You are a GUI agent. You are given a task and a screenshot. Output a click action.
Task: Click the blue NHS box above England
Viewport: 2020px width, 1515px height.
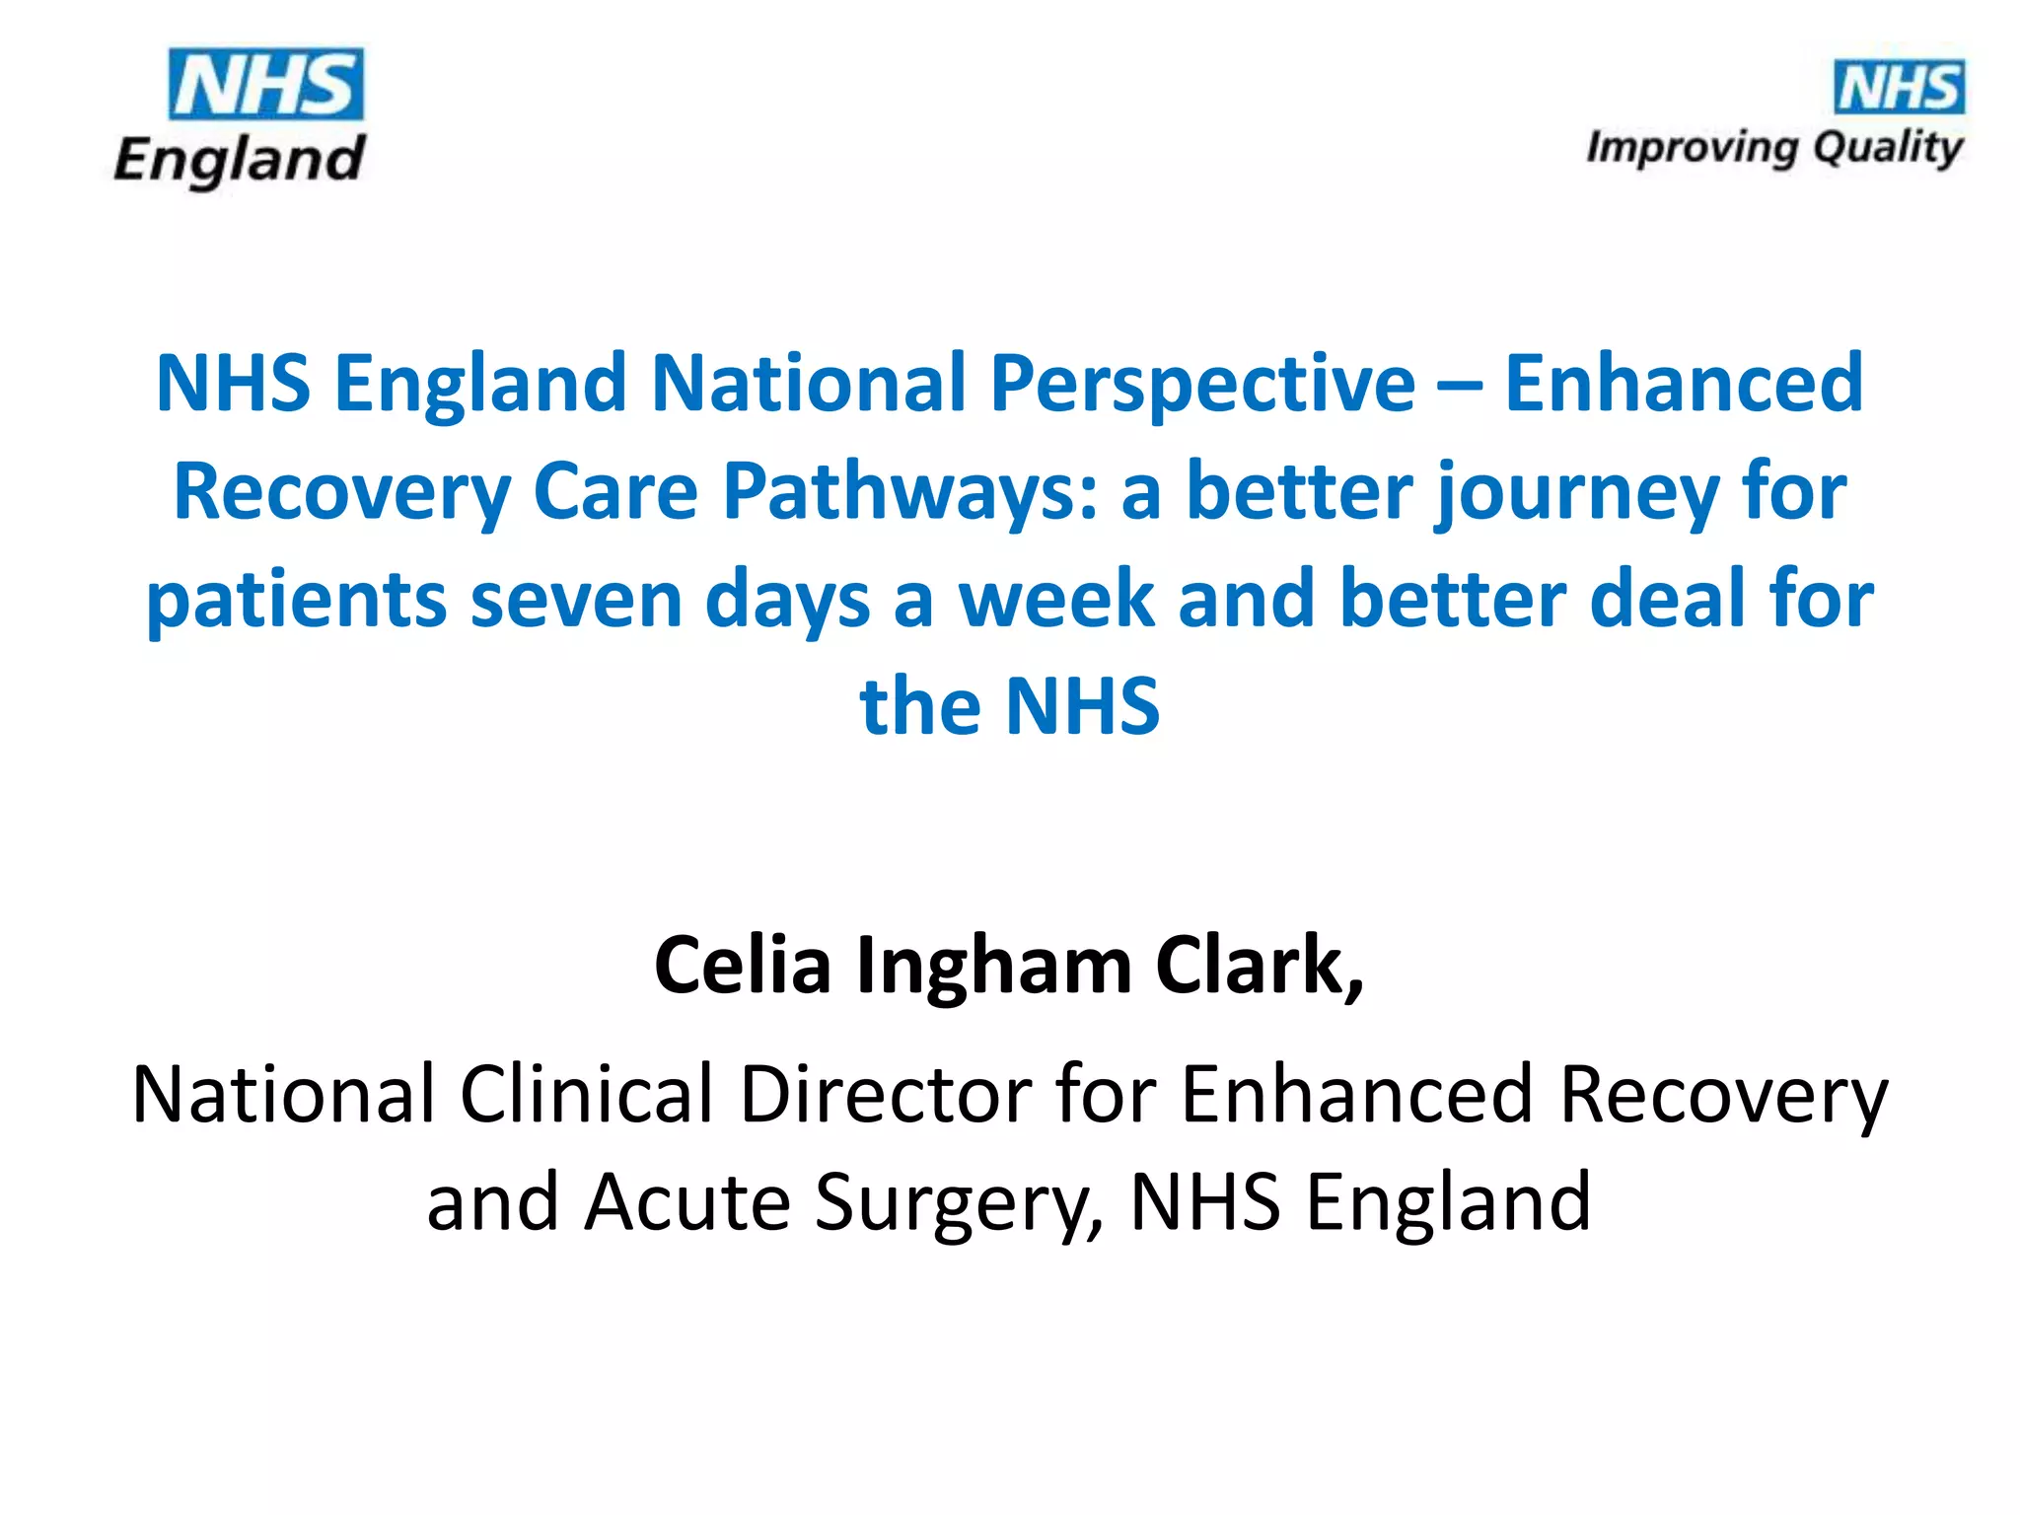(265, 85)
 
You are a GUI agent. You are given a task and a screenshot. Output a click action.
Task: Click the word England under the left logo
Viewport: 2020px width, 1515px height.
(240, 161)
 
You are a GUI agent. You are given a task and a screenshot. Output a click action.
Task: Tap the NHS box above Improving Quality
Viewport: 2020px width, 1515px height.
(1898, 88)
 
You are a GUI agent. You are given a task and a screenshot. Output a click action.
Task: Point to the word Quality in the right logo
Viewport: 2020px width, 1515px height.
(1888, 149)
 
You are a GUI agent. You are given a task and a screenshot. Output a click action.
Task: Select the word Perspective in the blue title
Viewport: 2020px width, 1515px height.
(1202, 384)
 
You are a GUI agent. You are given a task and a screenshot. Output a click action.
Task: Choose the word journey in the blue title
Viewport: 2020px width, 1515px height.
(1577, 493)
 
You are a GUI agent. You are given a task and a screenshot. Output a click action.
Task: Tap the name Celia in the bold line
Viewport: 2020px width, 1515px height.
(743, 966)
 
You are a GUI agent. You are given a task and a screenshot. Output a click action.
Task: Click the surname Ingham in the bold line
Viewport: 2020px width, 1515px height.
(993, 968)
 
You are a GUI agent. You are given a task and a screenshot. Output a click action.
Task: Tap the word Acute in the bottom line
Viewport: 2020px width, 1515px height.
(686, 1202)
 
